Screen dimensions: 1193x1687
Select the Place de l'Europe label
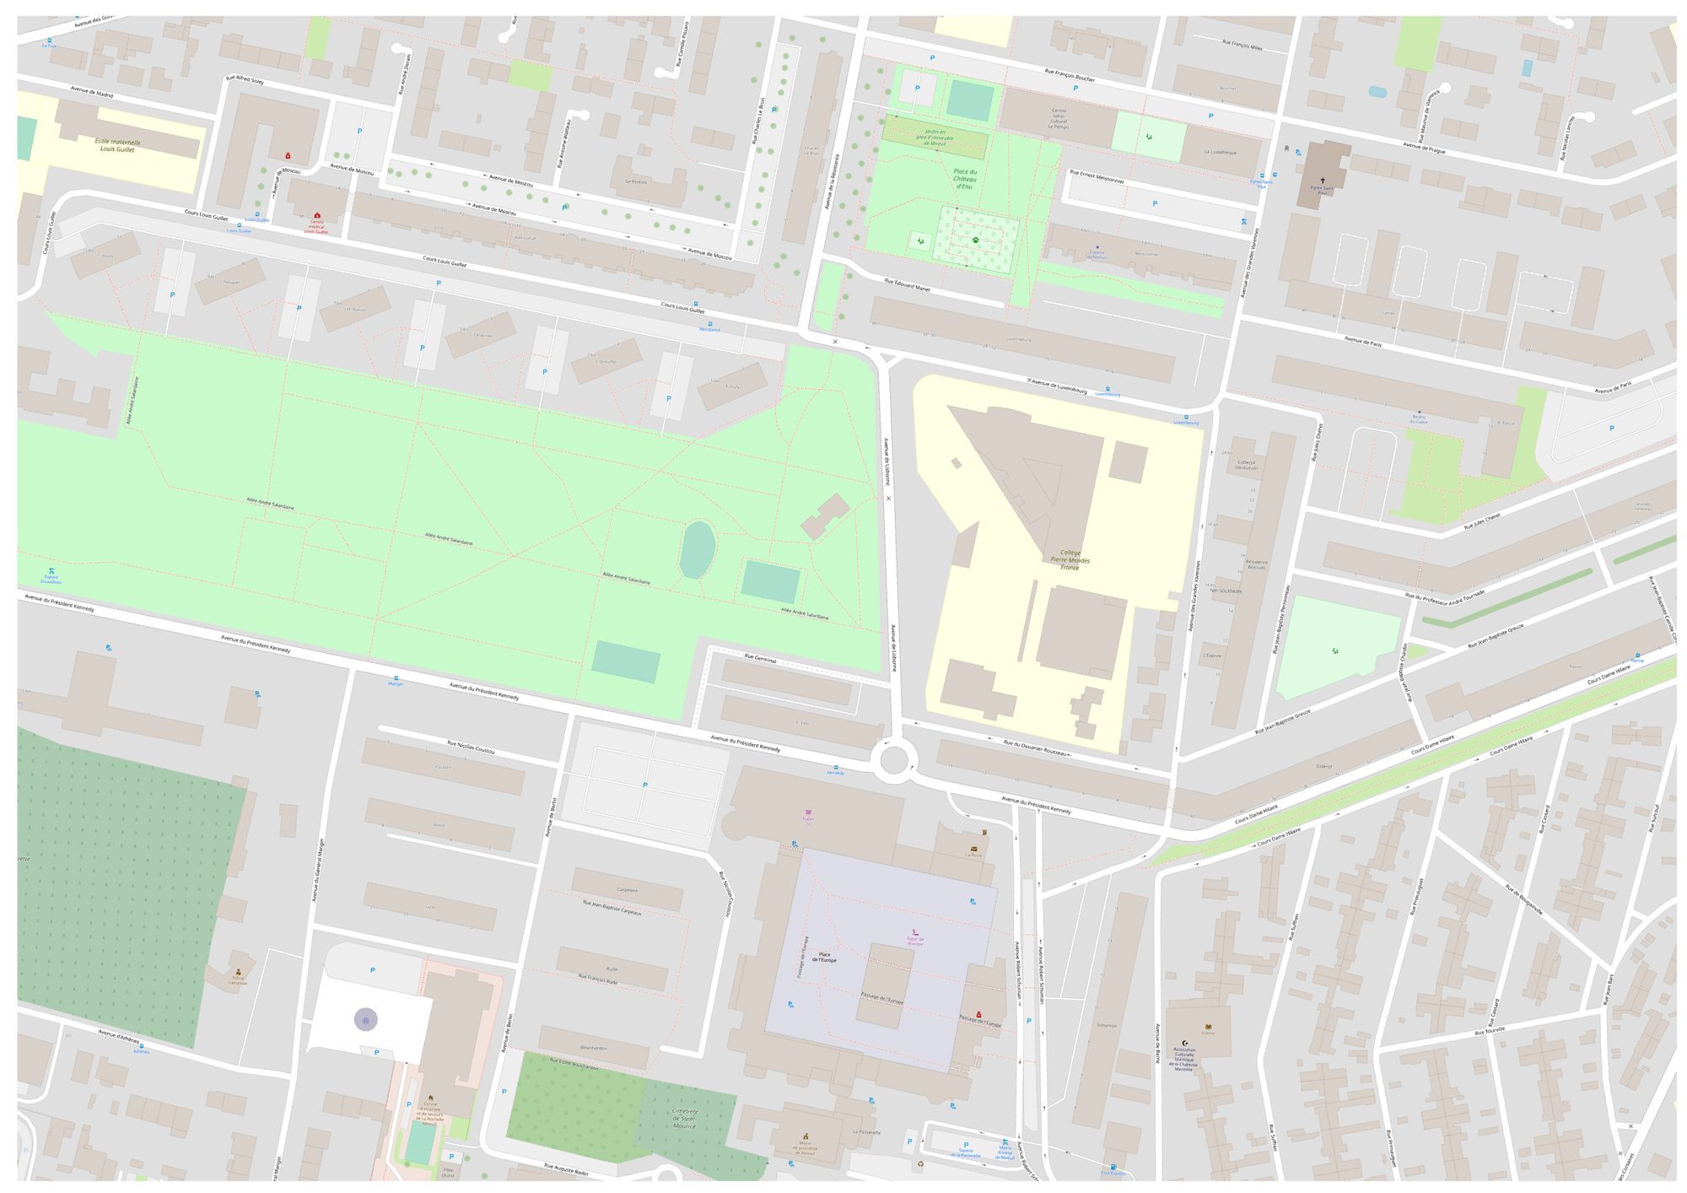823,957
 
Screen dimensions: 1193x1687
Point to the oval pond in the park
698,549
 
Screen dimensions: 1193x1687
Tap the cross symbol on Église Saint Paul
1322,180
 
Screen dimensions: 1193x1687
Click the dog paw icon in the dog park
975,240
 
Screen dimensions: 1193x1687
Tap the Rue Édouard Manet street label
907,286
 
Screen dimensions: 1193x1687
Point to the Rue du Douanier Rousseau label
1036,747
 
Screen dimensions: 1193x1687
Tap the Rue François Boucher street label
1070,75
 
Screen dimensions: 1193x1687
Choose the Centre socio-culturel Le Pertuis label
1059,117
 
